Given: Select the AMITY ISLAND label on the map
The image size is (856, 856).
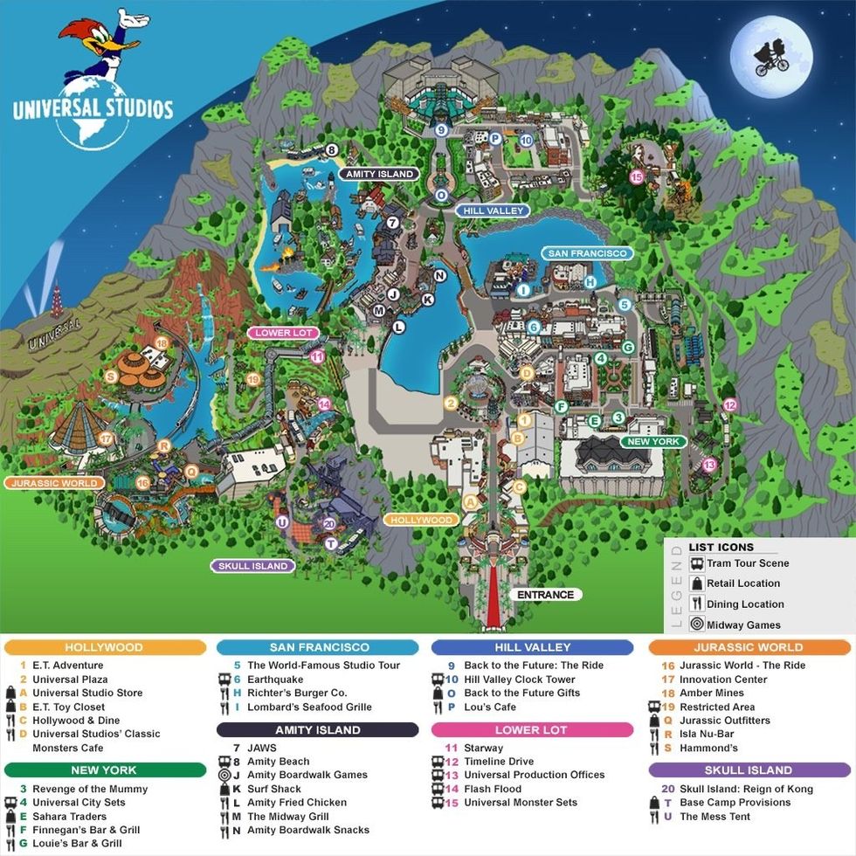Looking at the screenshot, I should [x=378, y=174].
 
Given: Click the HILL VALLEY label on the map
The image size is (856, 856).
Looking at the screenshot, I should [x=493, y=211].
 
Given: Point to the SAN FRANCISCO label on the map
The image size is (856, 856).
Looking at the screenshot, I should [x=587, y=253].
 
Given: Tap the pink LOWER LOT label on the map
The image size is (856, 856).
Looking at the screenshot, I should [x=284, y=333].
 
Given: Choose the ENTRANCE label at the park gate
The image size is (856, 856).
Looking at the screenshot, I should [x=545, y=595].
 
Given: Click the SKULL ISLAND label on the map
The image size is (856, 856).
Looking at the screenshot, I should [x=252, y=565].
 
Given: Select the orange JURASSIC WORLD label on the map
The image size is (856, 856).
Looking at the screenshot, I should [x=54, y=482].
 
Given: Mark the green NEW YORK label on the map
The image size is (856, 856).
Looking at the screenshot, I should [x=652, y=442].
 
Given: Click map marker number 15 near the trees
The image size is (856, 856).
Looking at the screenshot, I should [x=636, y=176].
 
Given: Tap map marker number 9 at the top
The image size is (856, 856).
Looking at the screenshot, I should [x=441, y=130].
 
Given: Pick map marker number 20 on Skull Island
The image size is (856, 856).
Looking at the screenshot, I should [x=328, y=524].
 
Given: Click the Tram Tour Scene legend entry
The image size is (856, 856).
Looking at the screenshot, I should [x=746, y=563].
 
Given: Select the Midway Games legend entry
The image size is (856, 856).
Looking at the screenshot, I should [x=743, y=625].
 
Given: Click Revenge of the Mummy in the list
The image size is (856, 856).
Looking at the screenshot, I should [x=90, y=789].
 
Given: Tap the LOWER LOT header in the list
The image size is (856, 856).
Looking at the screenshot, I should [x=531, y=729].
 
